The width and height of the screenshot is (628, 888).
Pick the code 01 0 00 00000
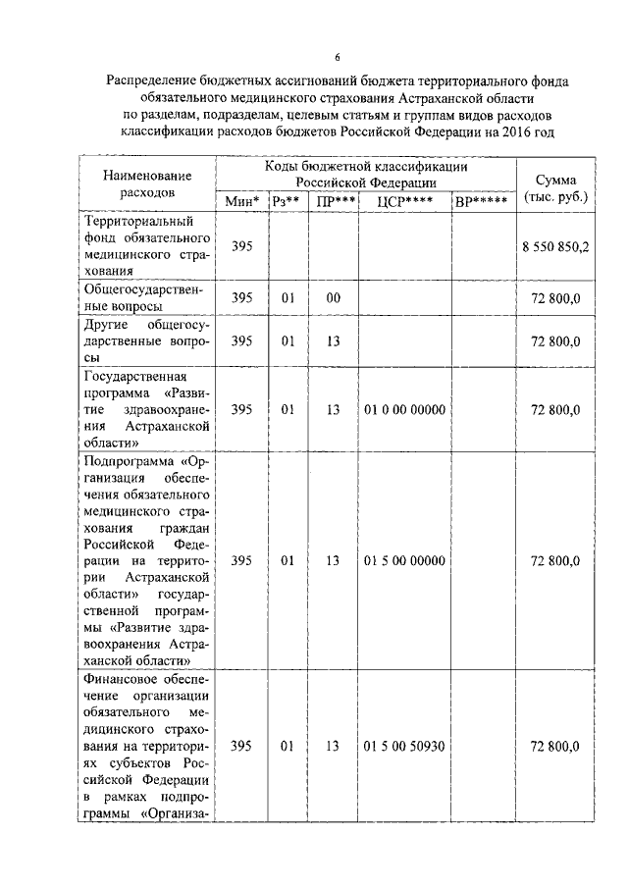coord(405,410)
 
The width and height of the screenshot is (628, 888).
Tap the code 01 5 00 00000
coord(405,560)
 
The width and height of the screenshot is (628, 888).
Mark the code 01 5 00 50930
coord(405,747)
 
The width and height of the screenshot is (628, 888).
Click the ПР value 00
coord(334,297)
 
